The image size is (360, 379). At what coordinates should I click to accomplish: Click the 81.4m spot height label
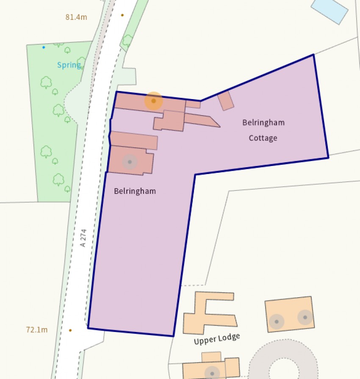[76, 17]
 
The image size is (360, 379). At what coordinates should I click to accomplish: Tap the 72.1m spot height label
[37, 329]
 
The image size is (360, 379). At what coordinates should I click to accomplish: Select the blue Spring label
[69, 65]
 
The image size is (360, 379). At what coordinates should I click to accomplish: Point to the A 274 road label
[83, 238]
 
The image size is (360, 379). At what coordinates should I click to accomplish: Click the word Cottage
[263, 138]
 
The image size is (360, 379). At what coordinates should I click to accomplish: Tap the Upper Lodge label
[217, 339]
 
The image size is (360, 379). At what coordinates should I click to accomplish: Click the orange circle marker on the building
[153, 101]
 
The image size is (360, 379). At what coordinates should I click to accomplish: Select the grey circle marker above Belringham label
[130, 162]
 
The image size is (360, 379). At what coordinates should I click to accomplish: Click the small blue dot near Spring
[44, 47]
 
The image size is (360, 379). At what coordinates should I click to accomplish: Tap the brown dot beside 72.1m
[70, 330]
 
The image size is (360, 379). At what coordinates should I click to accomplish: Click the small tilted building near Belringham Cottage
[226, 101]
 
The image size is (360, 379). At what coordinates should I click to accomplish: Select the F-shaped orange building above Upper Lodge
[208, 313]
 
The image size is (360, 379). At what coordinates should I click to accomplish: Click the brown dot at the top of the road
[122, 15]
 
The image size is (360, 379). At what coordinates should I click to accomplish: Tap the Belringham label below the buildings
[135, 191]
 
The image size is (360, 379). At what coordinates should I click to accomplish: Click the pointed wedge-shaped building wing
[203, 120]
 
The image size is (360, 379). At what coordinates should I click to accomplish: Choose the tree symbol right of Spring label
[82, 62]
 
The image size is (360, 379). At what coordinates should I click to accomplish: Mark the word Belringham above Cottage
[263, 123]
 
